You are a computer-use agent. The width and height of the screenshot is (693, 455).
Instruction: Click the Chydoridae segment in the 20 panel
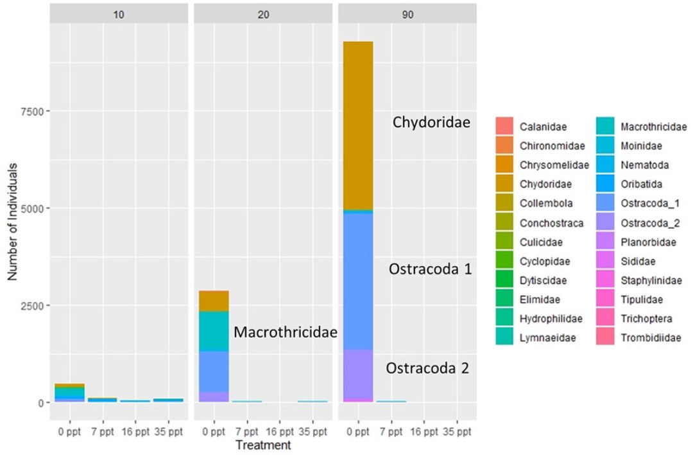[214, 301]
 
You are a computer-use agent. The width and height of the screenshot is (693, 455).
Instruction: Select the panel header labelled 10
[119, 13]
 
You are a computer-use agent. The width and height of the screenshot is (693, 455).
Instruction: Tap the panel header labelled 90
[408, 13]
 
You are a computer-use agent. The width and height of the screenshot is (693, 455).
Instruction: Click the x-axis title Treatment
[263, 444]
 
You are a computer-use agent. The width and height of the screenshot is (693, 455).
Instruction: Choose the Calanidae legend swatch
[505, 127]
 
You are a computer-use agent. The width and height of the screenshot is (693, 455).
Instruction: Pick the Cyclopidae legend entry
[545, 262]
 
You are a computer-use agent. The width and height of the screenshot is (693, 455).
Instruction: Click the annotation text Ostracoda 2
[427, 369]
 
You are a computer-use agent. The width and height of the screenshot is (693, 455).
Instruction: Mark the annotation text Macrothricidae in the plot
[286, 332]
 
